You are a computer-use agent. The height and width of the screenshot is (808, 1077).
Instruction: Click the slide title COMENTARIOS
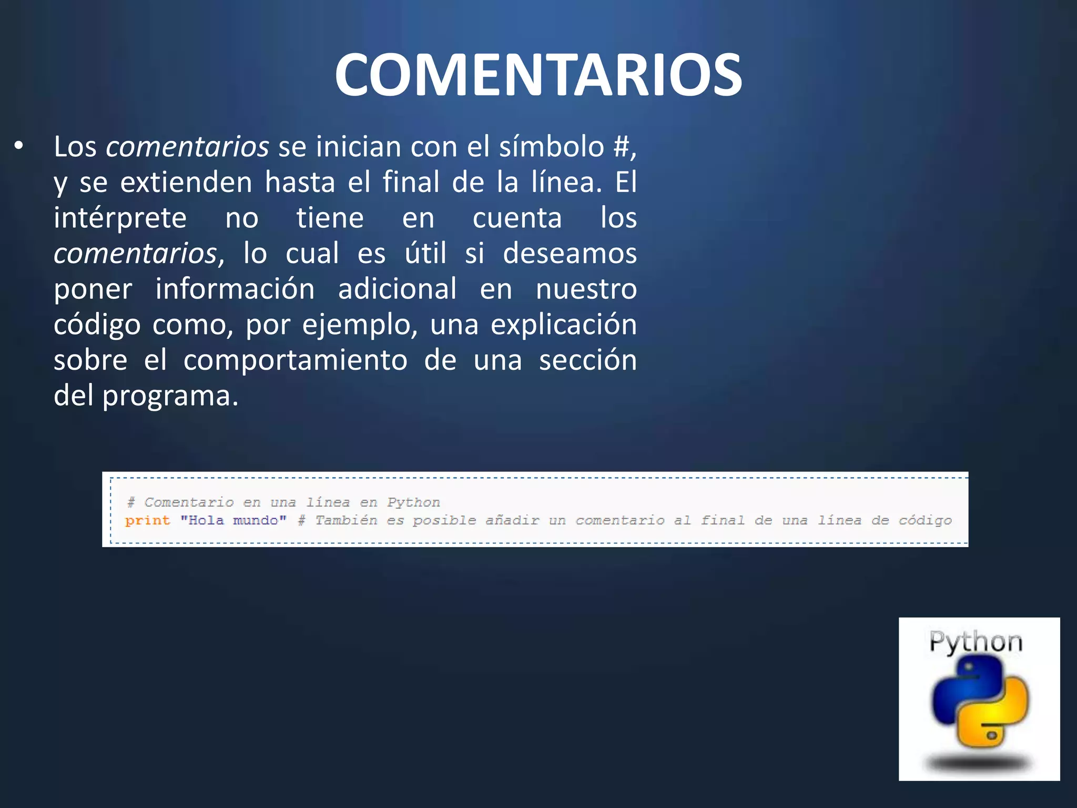pyautogui.click(x=538, y=75)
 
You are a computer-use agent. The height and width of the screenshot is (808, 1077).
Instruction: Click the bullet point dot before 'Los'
pyautogui.click(x=19, y=147)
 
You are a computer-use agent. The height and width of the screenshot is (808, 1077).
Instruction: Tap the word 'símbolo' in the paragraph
pyautogui.click(x=552, y=147)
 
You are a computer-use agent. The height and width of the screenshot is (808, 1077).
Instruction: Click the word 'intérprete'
pyautogui.click(x=120, y=218)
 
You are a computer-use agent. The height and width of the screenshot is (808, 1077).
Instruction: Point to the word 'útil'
pyautogui.click(x=425, y=254)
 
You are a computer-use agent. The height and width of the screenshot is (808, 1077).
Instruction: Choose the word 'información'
pyautogui.click(x=235, y=289)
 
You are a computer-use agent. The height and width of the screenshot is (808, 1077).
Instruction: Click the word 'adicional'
pyautogui.click(x=397, y=289)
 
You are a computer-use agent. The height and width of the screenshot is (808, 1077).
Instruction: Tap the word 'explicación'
pyautogui.click(x=563, y=325)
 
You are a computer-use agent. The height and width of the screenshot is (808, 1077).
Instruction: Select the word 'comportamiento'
pyautogui.click(x=295, y=360)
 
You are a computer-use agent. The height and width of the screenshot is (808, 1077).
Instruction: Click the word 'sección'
pyautogui.click(x=587, y=360)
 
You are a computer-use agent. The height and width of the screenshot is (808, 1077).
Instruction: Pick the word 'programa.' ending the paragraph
pyautogui.click(x=170, y=396)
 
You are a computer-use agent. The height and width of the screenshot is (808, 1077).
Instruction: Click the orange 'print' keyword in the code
pyautogui.click(x=148, y=521)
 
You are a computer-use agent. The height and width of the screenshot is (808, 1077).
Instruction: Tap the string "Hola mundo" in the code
pyautogui.click(x=233, y=521)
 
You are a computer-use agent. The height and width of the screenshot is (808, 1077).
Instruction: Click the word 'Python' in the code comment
pyautogui.click(x=413, y=502)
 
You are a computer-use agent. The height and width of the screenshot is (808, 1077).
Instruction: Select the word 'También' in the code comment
pyautogui.click(x=346, y=521)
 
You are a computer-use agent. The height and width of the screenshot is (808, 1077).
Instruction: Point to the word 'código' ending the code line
pyautogui.click(x=925, y=521)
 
